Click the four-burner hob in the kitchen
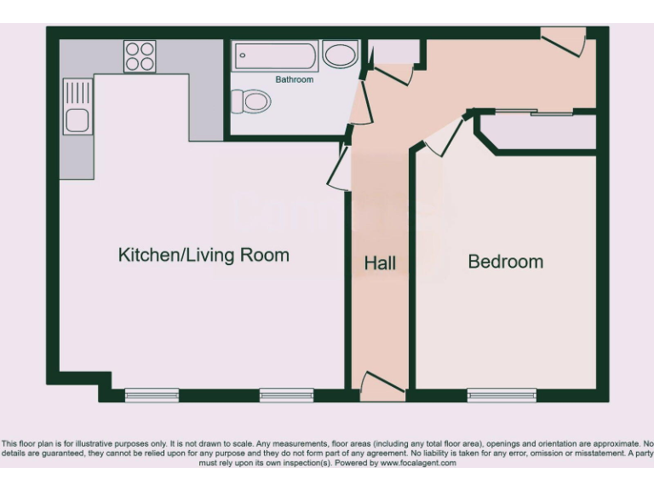tap(140, 56)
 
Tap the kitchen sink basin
tap(77, 120)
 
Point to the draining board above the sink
tap(77, 90)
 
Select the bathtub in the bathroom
tap(276, 56)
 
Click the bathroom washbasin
tap(340, 55)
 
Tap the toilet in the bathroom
tap(251, 102)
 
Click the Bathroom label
tap(294, 79)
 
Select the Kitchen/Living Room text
tap(204, 255)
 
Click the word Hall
tap(380, 263)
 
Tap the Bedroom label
tap(505, 262)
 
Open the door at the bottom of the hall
tap(381, 386)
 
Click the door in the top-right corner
tap(564, 41)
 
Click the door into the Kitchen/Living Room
tap(339, 169)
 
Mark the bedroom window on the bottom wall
tap(502, 395)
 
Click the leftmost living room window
tap(152, 395)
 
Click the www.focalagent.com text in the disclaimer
tap(417, 463)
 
